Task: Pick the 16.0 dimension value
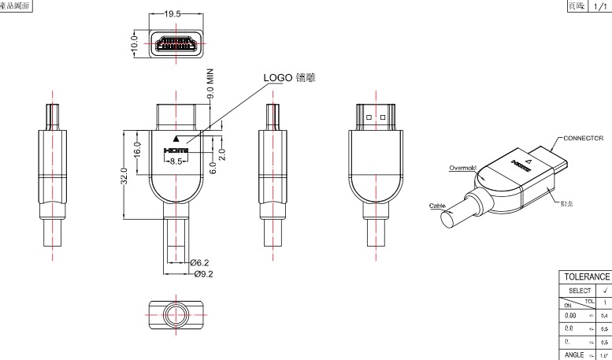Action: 137,147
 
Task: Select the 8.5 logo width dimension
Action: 176,161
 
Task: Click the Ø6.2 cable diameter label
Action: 202,262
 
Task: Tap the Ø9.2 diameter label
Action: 203,273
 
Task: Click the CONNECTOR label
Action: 582,137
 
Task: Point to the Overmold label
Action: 462,167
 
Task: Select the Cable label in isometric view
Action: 437,206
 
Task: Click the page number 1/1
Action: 601,6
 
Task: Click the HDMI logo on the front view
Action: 176,150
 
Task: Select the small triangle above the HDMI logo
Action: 176,138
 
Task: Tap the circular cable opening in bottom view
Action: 176,312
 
